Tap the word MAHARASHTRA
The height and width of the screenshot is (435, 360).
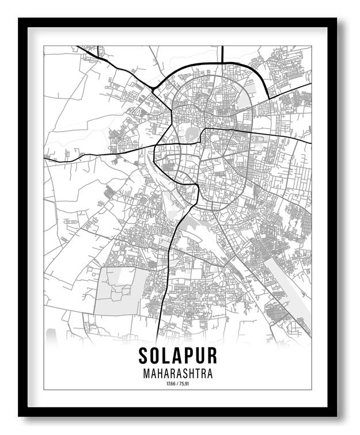[177, 374]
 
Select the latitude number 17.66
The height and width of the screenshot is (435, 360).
[170, 384]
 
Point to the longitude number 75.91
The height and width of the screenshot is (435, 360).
[184, 384]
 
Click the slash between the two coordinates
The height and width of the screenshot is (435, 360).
[177, 384]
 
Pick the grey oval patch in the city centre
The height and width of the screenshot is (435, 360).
[190, 135]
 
